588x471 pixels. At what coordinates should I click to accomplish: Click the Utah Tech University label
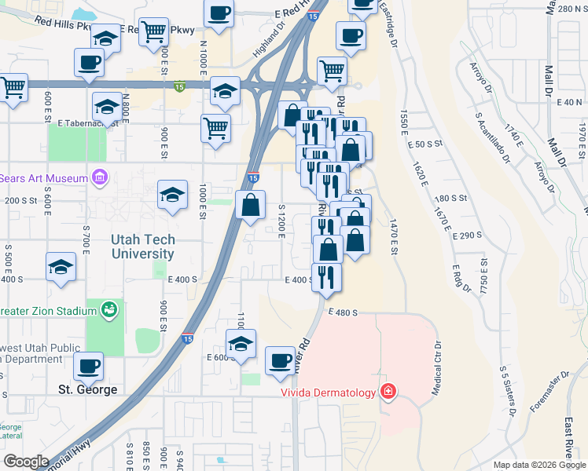point(132,247)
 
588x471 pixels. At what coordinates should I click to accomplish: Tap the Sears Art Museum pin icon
point(100,178)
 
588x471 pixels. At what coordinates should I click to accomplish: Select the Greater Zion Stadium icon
point(109,310)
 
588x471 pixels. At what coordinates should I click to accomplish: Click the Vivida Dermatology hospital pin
point(388,392)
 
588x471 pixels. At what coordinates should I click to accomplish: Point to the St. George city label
point(88,389)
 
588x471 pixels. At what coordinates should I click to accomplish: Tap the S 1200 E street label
point(281,223)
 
